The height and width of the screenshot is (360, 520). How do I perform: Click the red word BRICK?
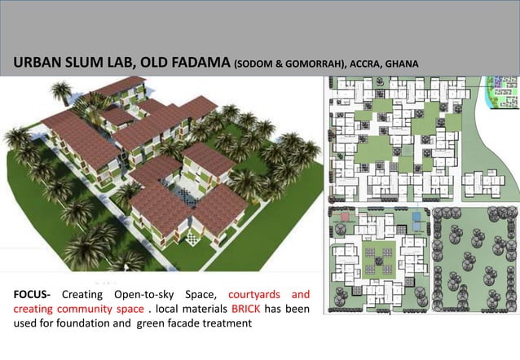(245, 310)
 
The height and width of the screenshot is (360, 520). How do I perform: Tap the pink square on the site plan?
(346, 218)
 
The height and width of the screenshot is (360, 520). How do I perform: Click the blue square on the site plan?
(418, 217)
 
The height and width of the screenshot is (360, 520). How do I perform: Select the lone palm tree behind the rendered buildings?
(60, 92)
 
